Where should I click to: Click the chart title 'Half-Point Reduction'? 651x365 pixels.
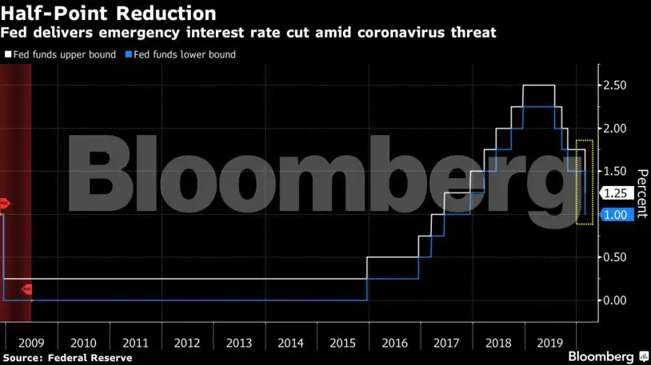[x=109, y=13]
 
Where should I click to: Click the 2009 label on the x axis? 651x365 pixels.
[x=32, y=343]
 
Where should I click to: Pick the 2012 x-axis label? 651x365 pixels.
[x=187, y=343]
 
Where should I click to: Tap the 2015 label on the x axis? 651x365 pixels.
[x=342, y=343]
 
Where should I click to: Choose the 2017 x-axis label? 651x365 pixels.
[x=445, y=343]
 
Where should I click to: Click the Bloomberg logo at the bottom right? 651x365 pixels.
[x=608, y=355]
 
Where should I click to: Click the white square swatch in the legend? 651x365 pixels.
[x=7, y=54]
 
